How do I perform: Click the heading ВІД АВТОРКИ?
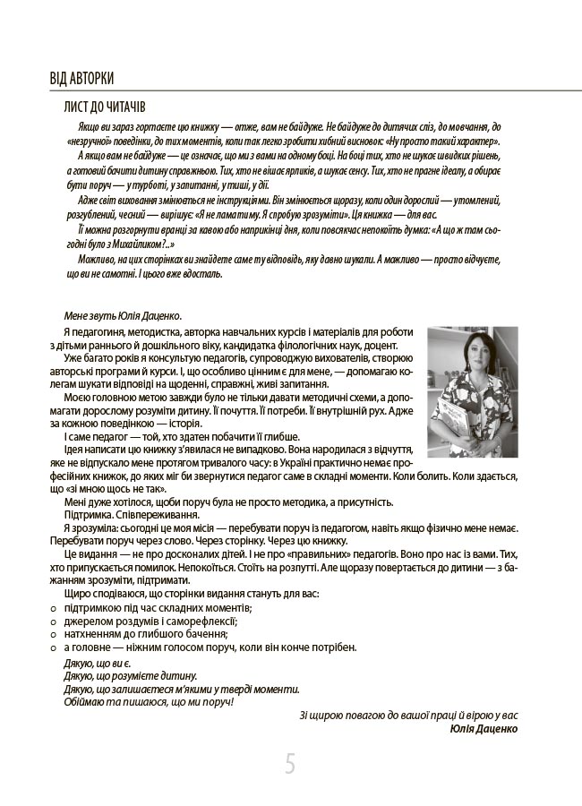click(81, 79)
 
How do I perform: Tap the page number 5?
click(291, 764)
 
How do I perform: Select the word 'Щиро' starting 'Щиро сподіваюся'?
click(78, 595)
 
